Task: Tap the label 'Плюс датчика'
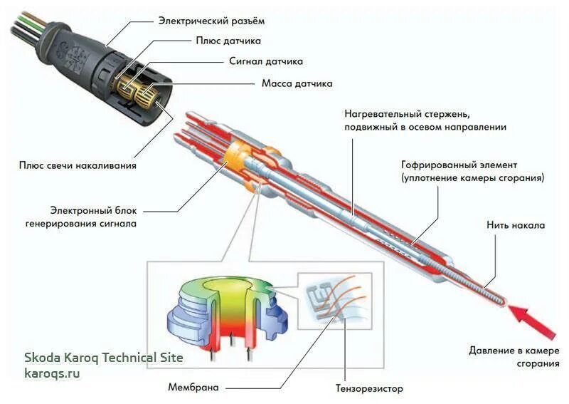[228, 41]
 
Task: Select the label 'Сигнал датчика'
[266, 62]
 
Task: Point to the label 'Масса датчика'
[297, 83]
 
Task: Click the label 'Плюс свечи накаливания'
[78, 165]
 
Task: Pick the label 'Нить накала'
[516, 226]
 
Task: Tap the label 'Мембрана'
[193, 388]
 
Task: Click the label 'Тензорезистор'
[370, 389]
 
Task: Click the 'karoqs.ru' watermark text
[52, 373]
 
